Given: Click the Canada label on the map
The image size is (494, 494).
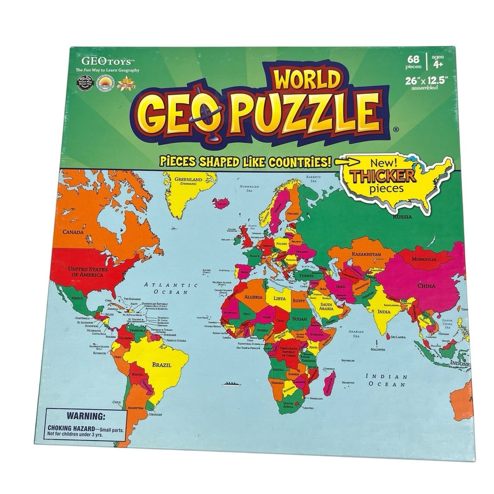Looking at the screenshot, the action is tap(73, 231).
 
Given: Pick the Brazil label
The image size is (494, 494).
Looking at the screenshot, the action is tap(162, 365).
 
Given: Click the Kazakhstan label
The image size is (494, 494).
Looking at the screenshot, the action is tap(366, 254).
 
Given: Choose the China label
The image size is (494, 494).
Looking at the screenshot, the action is tap(426, 286).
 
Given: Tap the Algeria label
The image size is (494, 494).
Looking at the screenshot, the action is tap(253, 297).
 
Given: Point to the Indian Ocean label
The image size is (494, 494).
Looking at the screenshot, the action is tap(386, 380).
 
